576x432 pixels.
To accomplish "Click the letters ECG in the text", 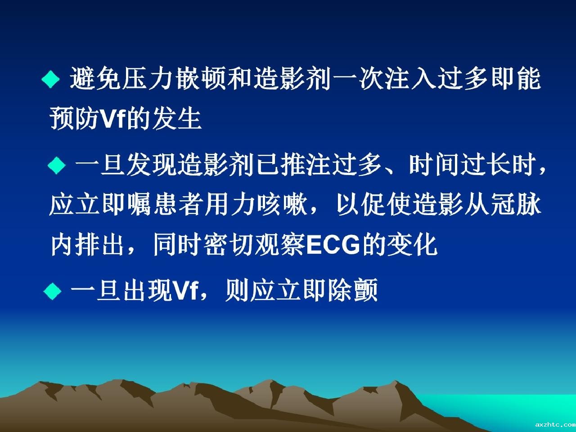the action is [x=333, y=245].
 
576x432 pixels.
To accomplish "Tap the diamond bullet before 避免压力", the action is [x=51, y=79].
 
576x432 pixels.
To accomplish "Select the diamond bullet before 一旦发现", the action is [x=56, y=165].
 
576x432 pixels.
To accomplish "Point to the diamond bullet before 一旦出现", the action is [x=53, y=291].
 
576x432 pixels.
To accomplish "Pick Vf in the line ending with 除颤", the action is [x=185, y=290].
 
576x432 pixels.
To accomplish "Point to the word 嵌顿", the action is [x=201, y=78].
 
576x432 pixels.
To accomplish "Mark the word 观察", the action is [x=280, y=244].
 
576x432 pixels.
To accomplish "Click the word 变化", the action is [x=412, y=244].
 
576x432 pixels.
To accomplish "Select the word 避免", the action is [x=96, y=78].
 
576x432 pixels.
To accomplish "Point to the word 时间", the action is [x=434, y=165].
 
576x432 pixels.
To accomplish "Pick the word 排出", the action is [x=100, y=244].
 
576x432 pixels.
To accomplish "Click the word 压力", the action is [x=148, y=78].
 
